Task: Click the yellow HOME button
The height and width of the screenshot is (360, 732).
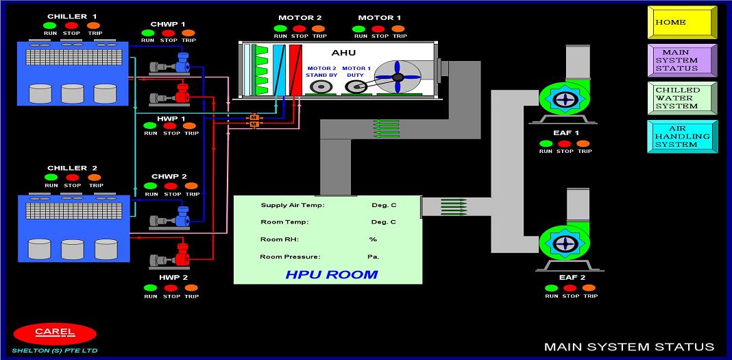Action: coord(682,23)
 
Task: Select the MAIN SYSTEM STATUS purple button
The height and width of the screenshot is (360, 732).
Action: coord(682,60)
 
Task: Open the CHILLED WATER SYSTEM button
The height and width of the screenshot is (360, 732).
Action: coord(682,98)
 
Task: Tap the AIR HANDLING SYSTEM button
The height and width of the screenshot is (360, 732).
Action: coord(682,136)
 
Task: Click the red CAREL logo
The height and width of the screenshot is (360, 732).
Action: coord(55,333)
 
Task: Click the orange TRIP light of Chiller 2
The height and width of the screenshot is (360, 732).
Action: coord(95,177)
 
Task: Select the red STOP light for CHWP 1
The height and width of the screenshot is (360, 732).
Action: coord(168,32)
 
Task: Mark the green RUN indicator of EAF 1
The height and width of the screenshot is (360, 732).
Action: coord(546,143)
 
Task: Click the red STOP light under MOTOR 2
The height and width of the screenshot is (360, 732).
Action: coord(300,28)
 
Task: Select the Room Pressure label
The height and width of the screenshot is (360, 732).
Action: coord(290,257)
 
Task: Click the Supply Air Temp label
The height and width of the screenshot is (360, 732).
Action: coord(292,205)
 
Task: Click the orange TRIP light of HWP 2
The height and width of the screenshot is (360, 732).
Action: coord(191,288)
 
